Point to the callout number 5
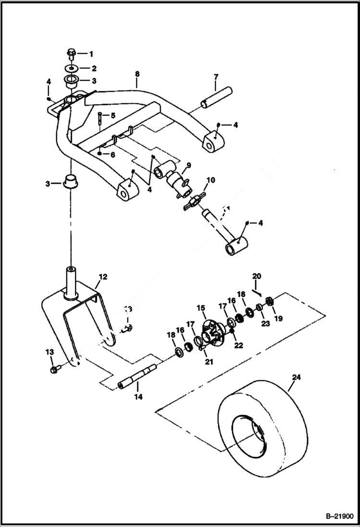click(x=113, y=116)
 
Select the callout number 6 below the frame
click(x=113, y=155)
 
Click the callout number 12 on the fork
click(x=103, y=277)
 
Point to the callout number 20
click(x=257, y=276)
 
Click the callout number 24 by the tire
click(x=297, y=378)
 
